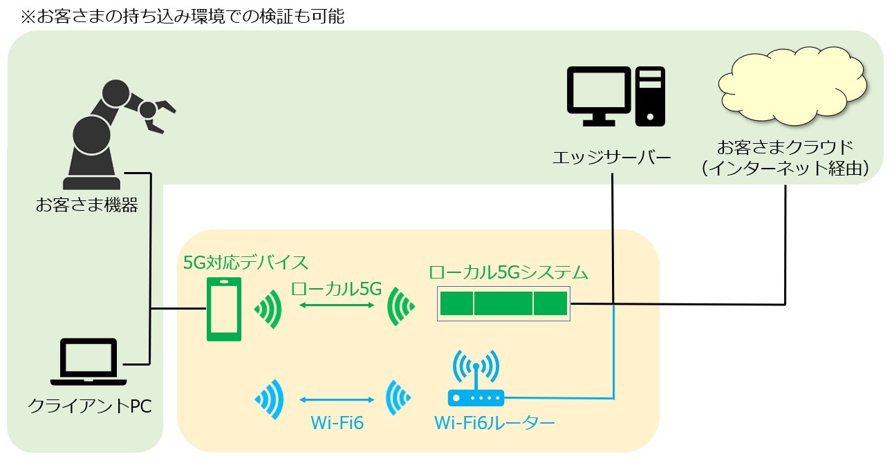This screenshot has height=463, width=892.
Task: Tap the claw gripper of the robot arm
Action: click(158, 115)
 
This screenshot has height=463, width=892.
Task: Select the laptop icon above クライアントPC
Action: click(89, 362)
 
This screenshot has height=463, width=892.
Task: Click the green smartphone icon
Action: click(224, 310)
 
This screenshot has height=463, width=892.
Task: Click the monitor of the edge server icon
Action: click(599, 96)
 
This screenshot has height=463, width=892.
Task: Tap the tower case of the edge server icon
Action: click(650, 96)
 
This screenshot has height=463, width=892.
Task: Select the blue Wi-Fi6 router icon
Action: click(476, 378)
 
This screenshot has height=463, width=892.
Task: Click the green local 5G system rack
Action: click(504, 303)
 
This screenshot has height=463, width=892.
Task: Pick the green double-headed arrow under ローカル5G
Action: click(337, 305)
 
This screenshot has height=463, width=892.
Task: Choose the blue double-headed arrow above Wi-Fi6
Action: click(337, 399)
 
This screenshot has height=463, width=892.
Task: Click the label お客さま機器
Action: click(87, 205)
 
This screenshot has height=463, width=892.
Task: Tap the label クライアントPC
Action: click(90, 406)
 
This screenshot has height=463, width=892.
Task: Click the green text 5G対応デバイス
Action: click(245, 263)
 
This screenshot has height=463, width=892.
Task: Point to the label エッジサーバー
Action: click(612, 158)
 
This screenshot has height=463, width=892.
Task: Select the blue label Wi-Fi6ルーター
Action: click(494, 423)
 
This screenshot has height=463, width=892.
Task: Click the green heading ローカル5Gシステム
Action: click(508, 273)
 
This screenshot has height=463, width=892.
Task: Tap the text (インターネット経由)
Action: click(786, 168)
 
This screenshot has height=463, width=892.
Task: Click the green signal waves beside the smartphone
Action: click(268, 310)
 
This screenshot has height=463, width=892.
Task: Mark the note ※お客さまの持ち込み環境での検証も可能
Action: click(183, 17)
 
